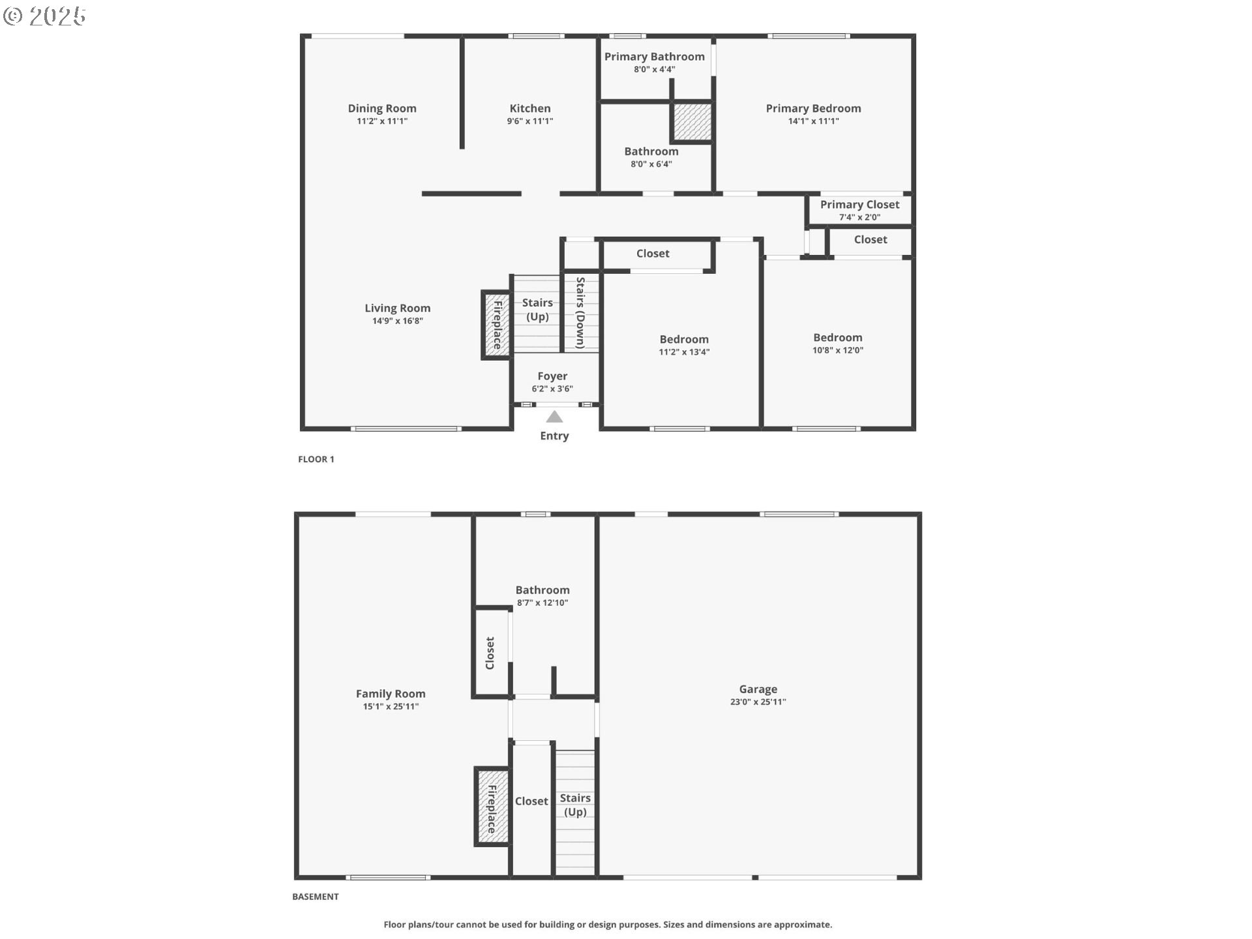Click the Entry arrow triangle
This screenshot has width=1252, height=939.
[x=554, y=417]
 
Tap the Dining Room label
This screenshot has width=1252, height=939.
[x=382, y=108]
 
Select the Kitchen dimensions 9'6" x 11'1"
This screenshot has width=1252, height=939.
[x=530, y=121]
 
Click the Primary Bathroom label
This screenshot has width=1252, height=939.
[x=654, y=57]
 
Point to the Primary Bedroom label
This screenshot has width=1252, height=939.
[x=813, y=108]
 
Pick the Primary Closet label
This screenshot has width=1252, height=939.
[x=859, y=205]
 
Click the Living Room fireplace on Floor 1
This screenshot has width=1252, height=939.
[x=496, y=325]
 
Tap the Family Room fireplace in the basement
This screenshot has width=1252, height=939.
[x=492, y=807]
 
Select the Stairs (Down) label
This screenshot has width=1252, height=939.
[x=580, y=312]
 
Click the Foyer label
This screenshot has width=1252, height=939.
[x=552, y=376]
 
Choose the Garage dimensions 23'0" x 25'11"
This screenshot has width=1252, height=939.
[x=758, y=702]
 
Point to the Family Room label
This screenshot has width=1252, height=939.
[x=391, y=694]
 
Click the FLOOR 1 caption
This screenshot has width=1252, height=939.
[x=316, y=459]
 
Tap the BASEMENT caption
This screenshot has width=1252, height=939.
[x=316, y=897]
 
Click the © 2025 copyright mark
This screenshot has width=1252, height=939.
[x=44, y=16]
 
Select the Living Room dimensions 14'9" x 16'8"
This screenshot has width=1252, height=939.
[x=398, y=321]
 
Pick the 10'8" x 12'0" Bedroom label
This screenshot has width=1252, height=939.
[x=838, y=338]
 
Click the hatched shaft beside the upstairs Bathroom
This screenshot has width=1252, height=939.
[x=692, y=121]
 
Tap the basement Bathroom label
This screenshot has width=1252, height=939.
[x=543, y=590]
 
